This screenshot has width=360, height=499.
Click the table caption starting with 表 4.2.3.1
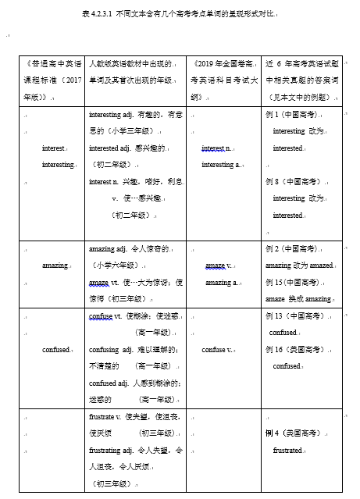179,14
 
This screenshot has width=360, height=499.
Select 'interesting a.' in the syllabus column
222,165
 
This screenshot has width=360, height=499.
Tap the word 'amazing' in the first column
55,266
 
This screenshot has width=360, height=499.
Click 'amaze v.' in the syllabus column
219,266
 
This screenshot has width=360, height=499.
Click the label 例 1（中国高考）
294,114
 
